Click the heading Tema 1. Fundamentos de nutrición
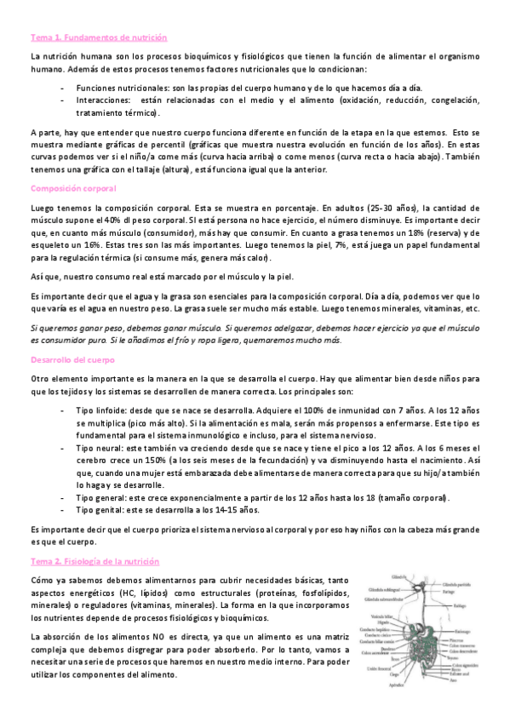[x=99, y=38]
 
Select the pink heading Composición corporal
[x=73, y=188]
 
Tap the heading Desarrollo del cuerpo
[x=72, y=359]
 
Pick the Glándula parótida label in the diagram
[x=456, y=584]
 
